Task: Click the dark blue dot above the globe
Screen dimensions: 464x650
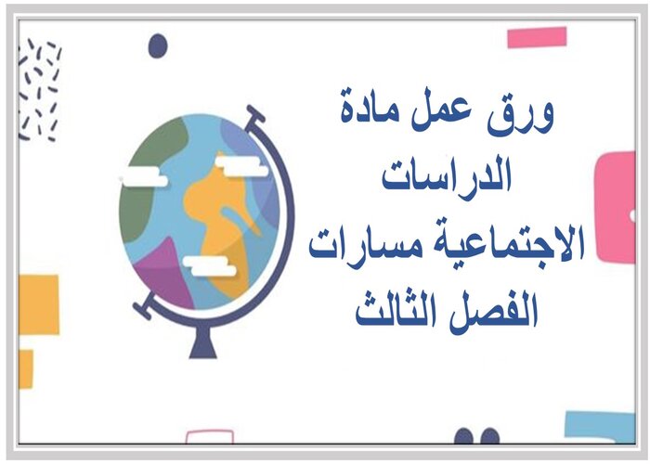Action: (x=158, y=45)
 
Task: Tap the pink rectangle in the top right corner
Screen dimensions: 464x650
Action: (x=537, y=38)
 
